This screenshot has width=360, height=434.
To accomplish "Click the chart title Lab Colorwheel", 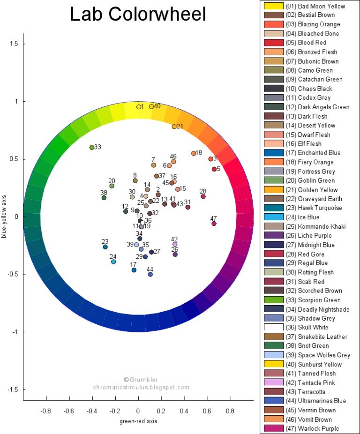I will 138,15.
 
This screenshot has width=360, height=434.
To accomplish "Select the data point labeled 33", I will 92,148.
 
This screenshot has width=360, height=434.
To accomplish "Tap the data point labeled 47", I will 214,224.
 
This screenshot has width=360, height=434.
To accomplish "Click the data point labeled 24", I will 113,262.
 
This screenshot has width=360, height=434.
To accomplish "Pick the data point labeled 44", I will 150,274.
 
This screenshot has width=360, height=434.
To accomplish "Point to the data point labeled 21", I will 174,127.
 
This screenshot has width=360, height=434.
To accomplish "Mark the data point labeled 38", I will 104,198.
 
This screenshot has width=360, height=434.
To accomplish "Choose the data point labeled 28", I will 203,196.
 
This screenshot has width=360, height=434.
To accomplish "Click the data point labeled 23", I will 105,247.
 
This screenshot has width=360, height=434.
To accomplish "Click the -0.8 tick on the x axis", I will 46,411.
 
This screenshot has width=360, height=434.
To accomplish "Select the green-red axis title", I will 138,421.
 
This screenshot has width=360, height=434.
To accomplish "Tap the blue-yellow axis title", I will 4,217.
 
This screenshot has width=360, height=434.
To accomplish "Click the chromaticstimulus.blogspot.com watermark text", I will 141,388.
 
